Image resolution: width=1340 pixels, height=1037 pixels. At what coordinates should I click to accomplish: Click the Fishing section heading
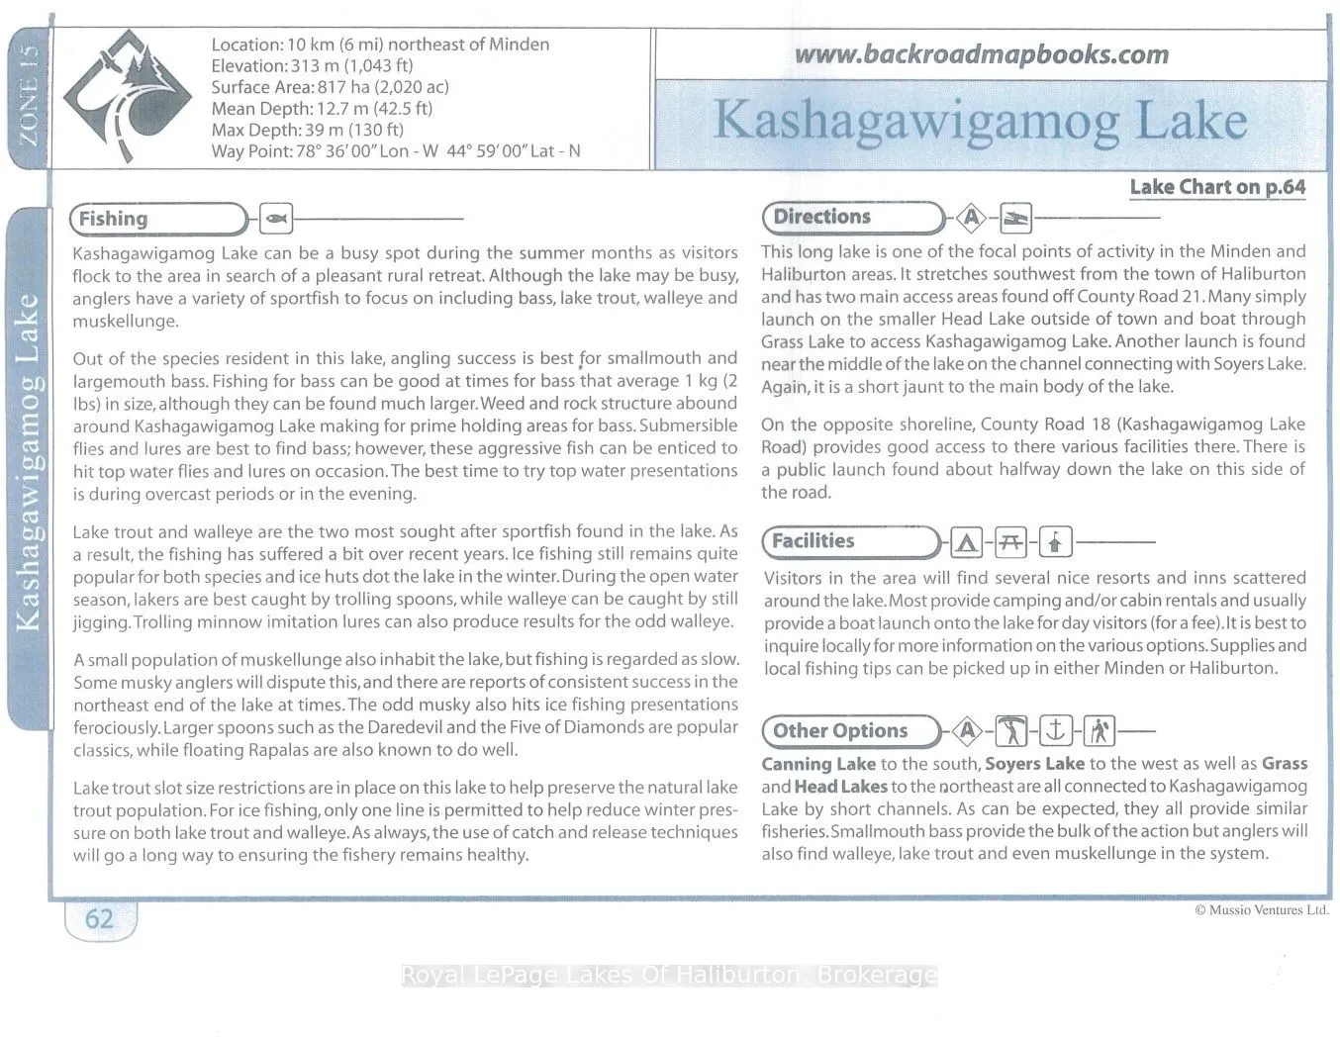coord(113,219)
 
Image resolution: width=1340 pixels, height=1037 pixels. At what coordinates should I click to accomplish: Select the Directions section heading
coord(821,217)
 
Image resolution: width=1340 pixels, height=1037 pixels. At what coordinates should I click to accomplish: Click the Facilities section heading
coord(813,541)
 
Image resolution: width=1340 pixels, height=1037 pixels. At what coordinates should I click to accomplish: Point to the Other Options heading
coord(839,731)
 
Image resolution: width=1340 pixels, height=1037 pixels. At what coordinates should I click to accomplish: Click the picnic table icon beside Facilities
coord(1010,542)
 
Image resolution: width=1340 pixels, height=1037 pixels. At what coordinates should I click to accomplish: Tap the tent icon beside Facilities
coord(966,542)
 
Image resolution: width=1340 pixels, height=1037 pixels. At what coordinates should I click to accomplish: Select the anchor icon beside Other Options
coord(1055,731)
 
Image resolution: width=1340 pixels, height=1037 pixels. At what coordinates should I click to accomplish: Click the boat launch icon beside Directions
coord(1015,218)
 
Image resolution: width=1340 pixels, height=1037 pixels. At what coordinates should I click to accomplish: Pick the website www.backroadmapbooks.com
coord(981,54)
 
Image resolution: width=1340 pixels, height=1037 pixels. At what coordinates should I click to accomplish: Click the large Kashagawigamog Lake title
coord(980,121)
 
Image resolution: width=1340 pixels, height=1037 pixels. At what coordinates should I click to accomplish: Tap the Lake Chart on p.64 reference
coord(1217,187)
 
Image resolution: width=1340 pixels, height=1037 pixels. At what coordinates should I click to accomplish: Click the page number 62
coord(99,919)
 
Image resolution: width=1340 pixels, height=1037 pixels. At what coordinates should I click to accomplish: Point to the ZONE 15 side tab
coord(25,94)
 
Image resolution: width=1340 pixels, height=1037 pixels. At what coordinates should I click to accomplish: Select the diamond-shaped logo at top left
coord(128,96)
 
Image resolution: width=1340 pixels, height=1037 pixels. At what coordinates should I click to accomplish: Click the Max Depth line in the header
coord(307,130)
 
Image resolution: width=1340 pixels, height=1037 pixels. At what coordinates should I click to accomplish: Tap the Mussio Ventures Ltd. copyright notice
coord(1261,909)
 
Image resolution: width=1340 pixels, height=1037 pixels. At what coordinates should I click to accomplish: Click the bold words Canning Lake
coord(818,764)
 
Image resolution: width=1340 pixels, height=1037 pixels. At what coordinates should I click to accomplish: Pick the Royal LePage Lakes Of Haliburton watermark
coord(669,976)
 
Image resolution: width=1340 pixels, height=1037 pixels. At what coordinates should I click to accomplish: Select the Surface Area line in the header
coord(330,87)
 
